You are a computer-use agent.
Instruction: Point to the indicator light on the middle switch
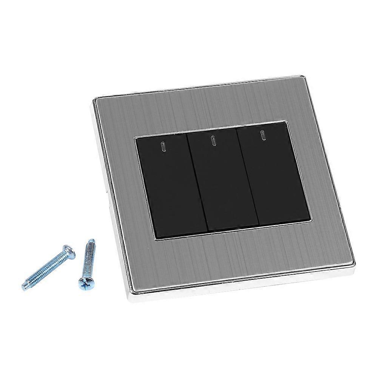[213, 141]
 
